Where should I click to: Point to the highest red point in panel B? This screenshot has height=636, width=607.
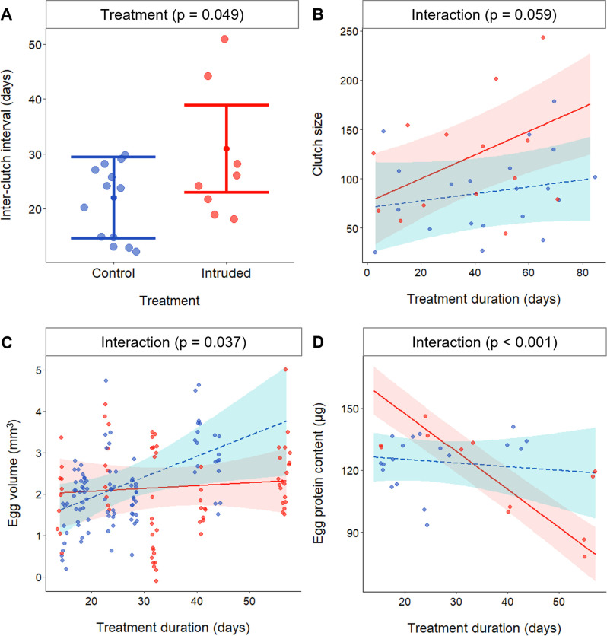(542, 37)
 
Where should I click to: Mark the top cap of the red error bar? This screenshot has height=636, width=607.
(226, 105)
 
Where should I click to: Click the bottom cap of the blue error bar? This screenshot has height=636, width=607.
(114, 238)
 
